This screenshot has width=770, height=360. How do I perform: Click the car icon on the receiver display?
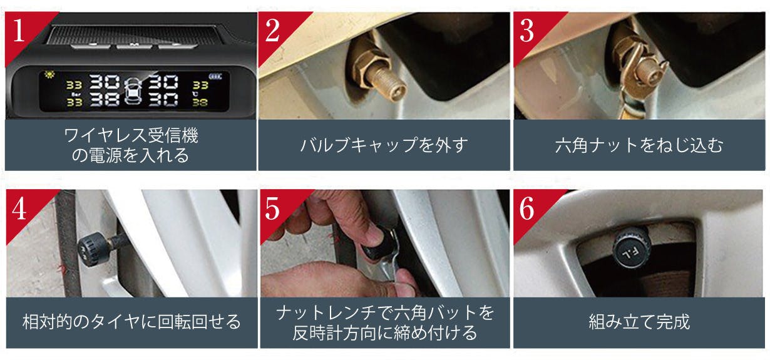click(x=133, y=90)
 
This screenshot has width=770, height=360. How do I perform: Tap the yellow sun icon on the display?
click(x=49, y=75)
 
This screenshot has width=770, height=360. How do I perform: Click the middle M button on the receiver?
click(x=135, y=45)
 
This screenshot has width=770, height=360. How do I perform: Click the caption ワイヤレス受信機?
click(x=131, y=135)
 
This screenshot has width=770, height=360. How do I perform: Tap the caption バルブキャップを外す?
click(x=384, y=145)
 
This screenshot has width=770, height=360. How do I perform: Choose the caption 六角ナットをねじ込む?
click(x=639, y=145)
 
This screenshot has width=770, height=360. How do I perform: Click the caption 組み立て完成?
click(x=639, y=322)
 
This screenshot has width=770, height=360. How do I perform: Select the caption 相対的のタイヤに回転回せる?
click(x=131, y=322)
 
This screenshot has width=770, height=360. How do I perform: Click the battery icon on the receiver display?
click(x=215, y=76)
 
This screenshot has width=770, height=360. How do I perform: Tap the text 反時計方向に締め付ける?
click(x=384, y=332)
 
